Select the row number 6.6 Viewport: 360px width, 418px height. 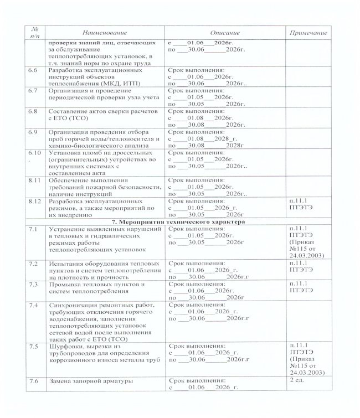[x=33, y=71]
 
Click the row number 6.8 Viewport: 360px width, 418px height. [x=33, y=111]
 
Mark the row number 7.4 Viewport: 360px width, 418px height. [x=33, y=305]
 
